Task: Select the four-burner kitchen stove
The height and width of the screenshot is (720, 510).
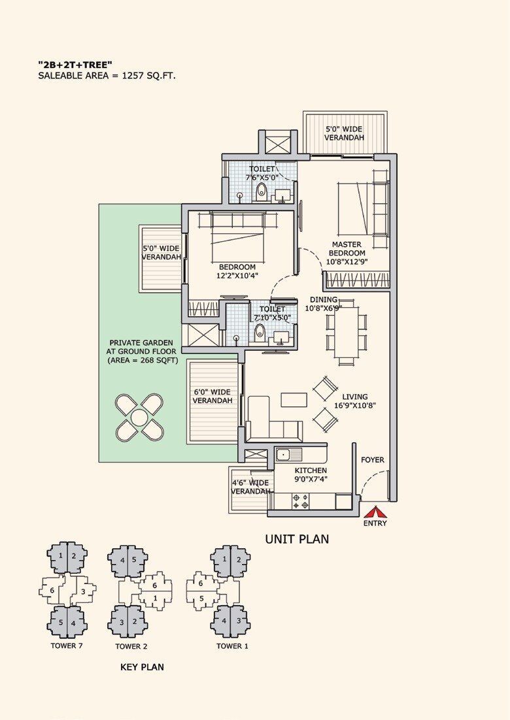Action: coord(300,501)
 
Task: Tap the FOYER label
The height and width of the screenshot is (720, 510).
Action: coord(373,460)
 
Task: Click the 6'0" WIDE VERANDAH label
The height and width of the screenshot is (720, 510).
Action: coord(212,397)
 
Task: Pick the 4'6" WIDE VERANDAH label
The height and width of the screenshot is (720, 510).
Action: coord(250,487)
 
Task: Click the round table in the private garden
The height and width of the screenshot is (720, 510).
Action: coord(139,417)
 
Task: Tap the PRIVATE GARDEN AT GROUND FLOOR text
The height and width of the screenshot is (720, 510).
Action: coord(141,351)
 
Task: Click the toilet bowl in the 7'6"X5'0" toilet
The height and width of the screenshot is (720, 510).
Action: coord(262,191)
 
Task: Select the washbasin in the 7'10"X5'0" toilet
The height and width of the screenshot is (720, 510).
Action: coord(282,337)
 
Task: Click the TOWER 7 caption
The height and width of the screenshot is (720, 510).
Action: coord(67,646)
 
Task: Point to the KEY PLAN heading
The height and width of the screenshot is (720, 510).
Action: coord(142,667)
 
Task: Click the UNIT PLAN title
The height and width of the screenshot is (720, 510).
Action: coord(296,539)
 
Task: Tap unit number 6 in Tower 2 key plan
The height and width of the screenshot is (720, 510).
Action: coord(154,585)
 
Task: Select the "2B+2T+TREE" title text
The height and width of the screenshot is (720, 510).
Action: coord(75,64)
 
